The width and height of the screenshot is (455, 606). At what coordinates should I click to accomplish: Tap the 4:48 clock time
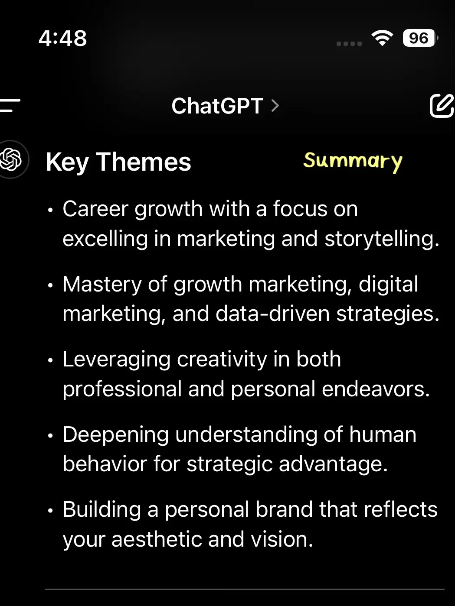click(x=63, y=38)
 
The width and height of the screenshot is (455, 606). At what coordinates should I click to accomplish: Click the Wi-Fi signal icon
click(x=382, y=38)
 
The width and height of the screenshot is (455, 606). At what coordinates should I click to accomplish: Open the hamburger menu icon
click(x=10, y=105)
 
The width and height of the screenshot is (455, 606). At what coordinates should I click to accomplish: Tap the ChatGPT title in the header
click(x=217, y=106)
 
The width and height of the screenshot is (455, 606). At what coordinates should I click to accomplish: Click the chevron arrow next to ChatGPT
click(x=275, y=106)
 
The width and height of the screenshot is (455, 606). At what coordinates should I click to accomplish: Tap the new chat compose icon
click(x=442, y=106)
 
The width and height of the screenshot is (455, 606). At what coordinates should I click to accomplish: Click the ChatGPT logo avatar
click(x=11, y=159)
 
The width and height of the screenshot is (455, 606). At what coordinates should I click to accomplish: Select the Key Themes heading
click(x=118, y=162)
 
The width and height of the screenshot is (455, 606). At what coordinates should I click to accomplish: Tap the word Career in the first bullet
click(x=95, y=209)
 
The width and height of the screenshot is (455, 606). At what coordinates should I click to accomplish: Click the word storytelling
click(x=382, y=239)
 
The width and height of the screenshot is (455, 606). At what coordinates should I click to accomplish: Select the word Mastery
click(x=102, y=285)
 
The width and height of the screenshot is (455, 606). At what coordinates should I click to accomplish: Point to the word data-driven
click(x=272, y=314)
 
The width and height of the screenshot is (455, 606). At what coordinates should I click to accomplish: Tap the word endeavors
click(x=376, y=389)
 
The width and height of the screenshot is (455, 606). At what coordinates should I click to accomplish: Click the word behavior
click(x=105, y=464)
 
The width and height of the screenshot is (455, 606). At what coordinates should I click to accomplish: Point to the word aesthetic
click(x=157, y=539)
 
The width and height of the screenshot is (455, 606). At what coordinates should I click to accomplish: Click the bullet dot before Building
click(x=50, y=511)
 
